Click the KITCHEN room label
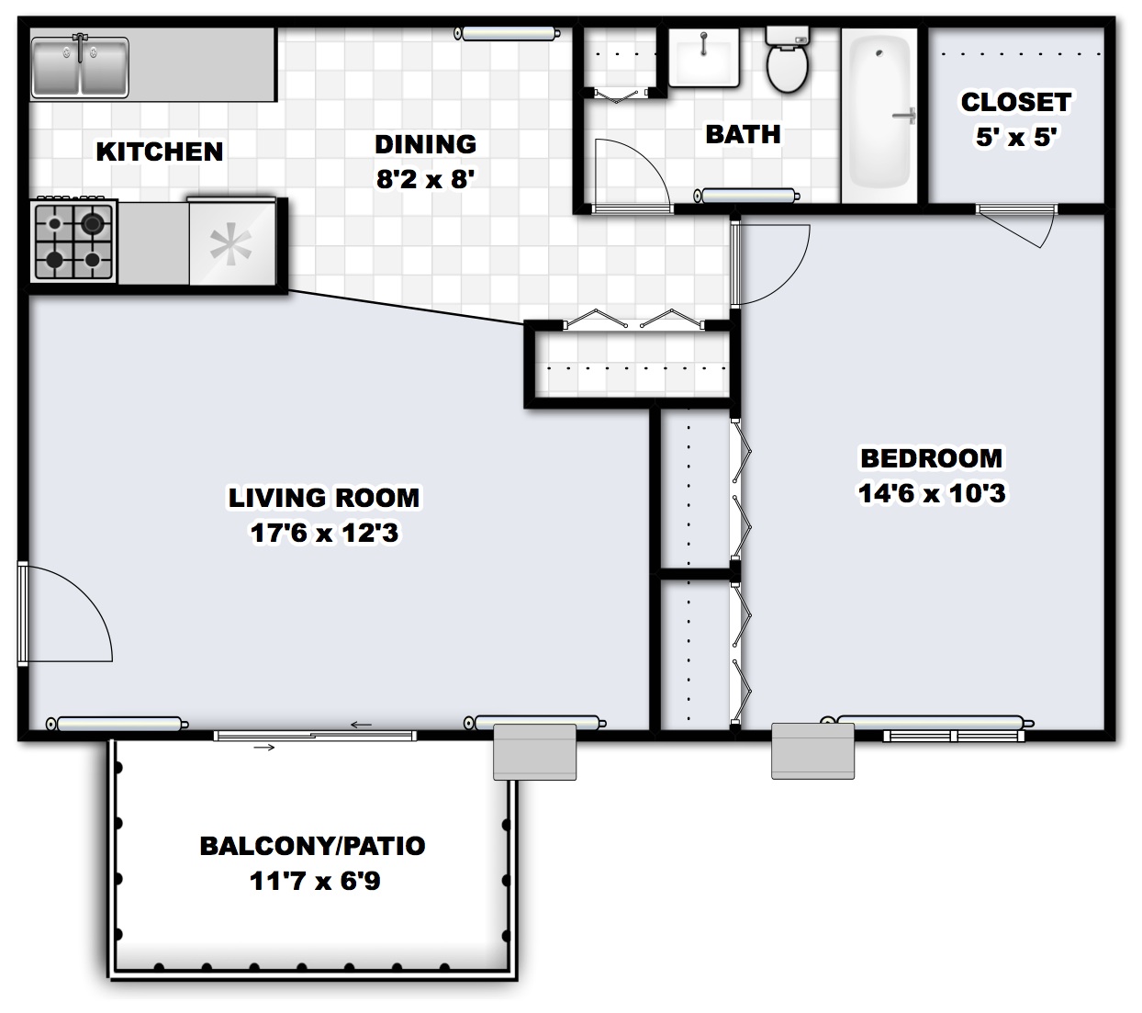pyautogui.click(x=160, y=152)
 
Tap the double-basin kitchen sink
pyautogui.click(x=80, y=64)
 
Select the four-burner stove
pyautogui.click(x=73, y=242)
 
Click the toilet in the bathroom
pyautogui.click(x=787, y=61)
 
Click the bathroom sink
pyautogui.click(x=703, y=57)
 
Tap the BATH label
pyautogui.click(x=743, y=134)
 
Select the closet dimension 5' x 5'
pyautogui.click(x=1015, y=138)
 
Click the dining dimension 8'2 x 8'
pyautogui.click(x=426, y=178)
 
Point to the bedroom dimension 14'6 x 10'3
pyautogui.click(x=931, y=494)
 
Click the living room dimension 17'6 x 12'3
pyautogui.click(x=324, y=533)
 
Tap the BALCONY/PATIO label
pyautogui.click(x=312, y=846)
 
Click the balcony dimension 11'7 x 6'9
pyautogui.click(x=315, y=882)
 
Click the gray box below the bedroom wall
pyautogui.click(x=812, y=750)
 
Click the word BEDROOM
pyautogui.click(x=931, y=458)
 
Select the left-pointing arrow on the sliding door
pyautogui.click(x=362, y=725)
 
